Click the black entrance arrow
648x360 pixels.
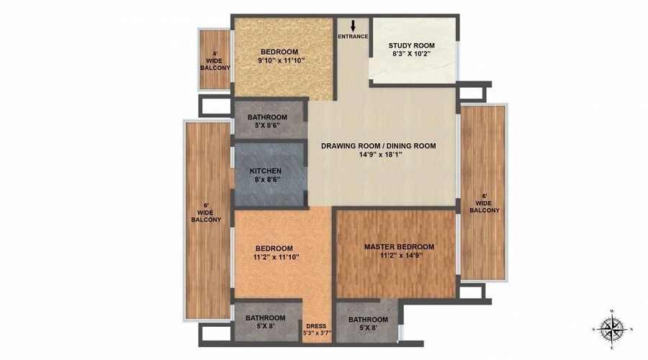[x=353, y=26]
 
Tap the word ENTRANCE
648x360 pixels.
[x=353, y=37]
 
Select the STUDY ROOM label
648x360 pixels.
[x=411, y=45]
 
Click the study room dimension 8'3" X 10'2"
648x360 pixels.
[x=412, y=53]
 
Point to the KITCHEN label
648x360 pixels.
[x=265, y=171]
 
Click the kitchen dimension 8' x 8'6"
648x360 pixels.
[x=267, y=179]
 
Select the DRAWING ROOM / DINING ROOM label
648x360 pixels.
[x=379, y=145]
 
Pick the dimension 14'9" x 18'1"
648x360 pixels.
[x=381, y=155]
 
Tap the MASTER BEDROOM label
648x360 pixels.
[x=399, y=247]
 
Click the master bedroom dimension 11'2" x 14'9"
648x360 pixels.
[x=401, y=256]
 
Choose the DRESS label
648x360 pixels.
[x=316, y=325]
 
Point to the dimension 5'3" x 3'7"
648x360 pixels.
[x=318, y=333]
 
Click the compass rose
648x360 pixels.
[x=612, y=329]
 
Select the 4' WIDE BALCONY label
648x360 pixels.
[x=215, y=60]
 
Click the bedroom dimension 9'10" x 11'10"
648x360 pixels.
[x=281, y=60]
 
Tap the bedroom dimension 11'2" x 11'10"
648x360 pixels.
[x=276, y=256]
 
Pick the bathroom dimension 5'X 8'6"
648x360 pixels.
[x=267, y=125]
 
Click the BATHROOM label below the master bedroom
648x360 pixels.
[x=368, y=320]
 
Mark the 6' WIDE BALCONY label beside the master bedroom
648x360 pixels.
[x=485, y=203]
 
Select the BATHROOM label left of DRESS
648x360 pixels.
[x=265, y=318]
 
